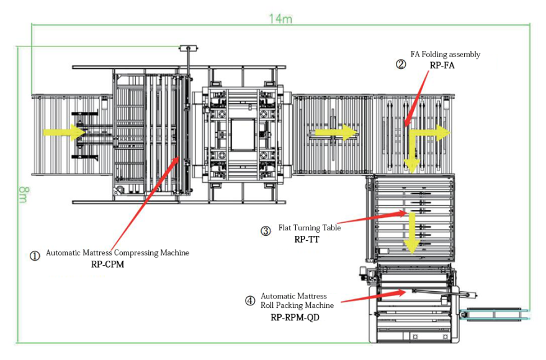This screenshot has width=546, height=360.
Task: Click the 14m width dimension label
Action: (280, 17)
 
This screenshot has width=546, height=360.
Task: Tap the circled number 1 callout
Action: (35, 255)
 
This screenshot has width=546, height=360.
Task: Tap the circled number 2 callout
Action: (401, 64)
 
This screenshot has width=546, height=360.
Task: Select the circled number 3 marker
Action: (266, 231)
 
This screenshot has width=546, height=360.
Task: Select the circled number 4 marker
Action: (250, 301)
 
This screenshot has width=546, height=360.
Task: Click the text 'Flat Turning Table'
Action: (309, 228)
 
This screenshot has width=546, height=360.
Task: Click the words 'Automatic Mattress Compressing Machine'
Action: (117, 253)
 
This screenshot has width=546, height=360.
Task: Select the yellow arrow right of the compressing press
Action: (336, 132)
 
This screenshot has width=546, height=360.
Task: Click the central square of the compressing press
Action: (243, 133)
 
